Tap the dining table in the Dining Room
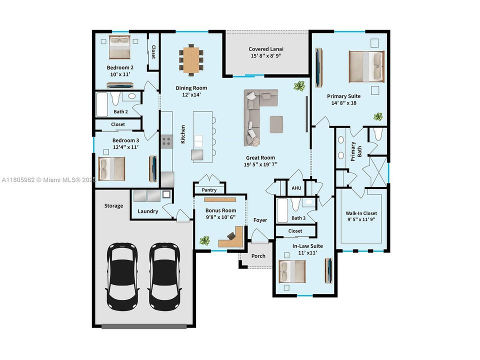[x=191, y=59]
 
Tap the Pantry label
[x=209, y=190]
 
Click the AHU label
[x=296, y=188]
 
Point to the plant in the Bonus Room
[x=204, y=241]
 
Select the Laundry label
[x=148, y=211]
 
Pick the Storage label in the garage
[x=113, y=205]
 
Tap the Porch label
[x=258, y=256]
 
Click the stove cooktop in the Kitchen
[x=166, y=141]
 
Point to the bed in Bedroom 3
[x=111, y=168]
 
